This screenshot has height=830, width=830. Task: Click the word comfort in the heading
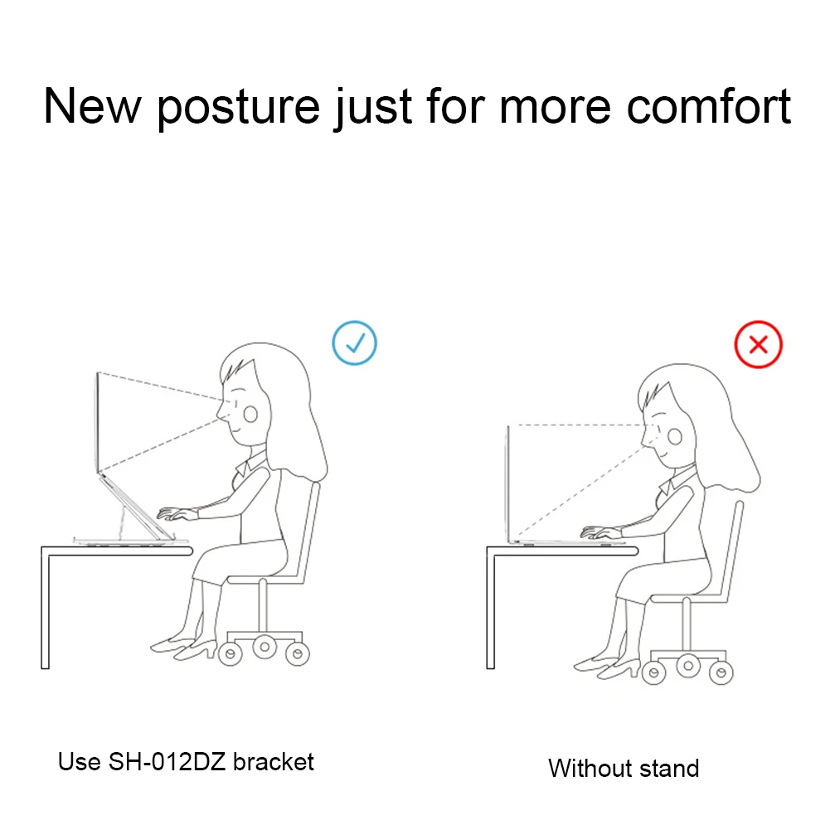coord(709,106)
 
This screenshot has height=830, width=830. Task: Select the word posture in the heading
coord(238,108)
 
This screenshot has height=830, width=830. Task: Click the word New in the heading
coord(92,106)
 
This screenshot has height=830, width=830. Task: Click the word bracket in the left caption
coord(273,762)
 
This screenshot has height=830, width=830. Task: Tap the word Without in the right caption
coord(590,768)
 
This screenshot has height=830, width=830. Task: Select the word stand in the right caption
coord(670,768)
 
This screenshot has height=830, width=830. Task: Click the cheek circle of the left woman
coord(250,415)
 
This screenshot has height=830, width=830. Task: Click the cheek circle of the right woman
coord(674,436)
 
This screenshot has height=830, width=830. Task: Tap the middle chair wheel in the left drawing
coord(265,647)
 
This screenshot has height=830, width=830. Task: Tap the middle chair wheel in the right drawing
coord(687,666)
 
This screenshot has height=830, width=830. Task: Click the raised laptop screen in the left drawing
coord(97,422)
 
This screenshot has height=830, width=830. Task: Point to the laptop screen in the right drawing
coord(508,483)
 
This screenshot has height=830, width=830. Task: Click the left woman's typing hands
coord(177,513)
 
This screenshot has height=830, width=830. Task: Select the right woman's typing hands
coord(600,532)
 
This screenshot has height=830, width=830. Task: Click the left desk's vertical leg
coord(45,609)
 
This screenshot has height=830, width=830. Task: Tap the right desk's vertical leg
coord(490,609)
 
